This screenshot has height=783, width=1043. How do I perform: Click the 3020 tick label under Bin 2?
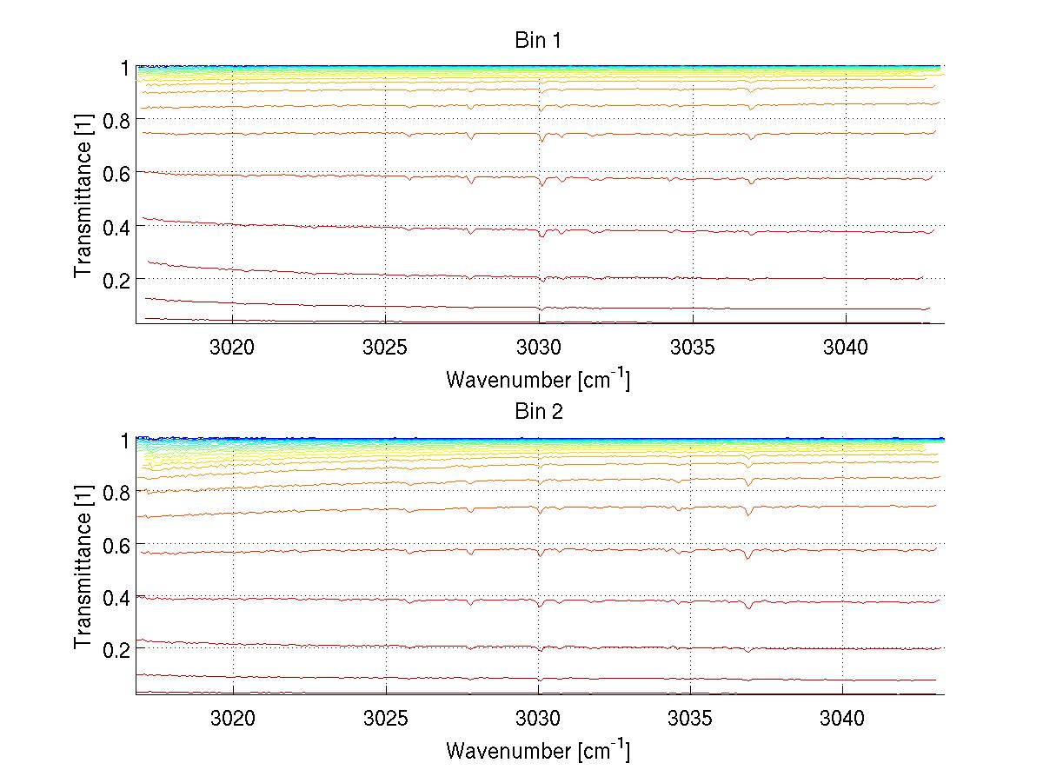[233, 719]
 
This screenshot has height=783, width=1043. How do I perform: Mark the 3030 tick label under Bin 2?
[539, 719]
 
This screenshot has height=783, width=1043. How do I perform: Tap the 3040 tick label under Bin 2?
[844, 719]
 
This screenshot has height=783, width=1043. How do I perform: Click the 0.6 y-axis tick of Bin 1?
[116, 173]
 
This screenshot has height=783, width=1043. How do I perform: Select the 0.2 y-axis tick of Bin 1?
[116, 279]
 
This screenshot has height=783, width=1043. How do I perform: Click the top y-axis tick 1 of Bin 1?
[125, 67]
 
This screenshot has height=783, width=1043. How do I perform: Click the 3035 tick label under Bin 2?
[691, 719]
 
